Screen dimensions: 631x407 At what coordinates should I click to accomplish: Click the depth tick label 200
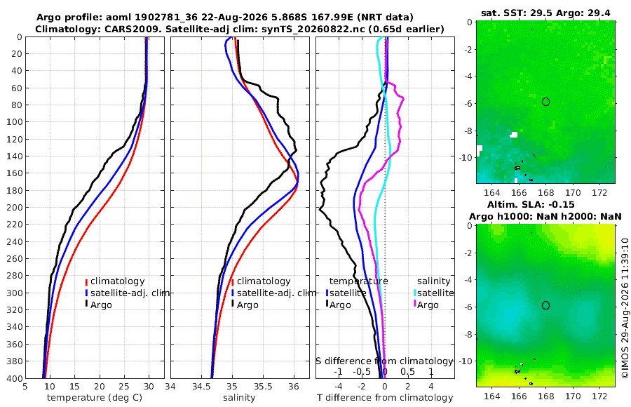point(15,207)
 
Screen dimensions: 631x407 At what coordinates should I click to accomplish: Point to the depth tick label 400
point(15,378)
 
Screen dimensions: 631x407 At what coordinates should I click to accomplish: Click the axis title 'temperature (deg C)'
point(95,398)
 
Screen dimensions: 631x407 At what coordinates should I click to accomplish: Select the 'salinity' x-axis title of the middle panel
point(239,398)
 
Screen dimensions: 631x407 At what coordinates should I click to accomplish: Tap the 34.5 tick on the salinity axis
point(201,387)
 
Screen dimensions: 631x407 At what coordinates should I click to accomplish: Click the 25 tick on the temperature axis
point(124,387)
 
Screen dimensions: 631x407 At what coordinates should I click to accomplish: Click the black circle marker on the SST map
point(545,102)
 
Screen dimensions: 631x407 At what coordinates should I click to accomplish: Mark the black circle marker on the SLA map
point(545,305)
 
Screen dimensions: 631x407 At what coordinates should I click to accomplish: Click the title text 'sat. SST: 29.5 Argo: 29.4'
point(545,13)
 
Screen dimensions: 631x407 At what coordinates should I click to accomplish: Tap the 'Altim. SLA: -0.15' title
point(531,204)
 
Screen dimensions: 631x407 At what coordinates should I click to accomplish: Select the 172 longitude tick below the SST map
point(599,192)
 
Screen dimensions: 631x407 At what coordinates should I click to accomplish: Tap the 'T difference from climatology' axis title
point(385,398)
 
